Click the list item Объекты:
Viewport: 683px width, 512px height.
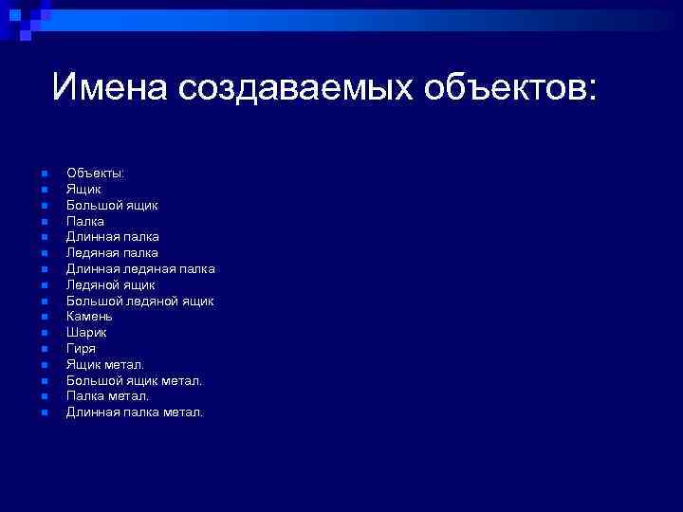pos(95,173)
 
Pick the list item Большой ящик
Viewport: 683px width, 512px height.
pos(112,205)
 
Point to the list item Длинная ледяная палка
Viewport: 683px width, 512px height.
pos(140,268)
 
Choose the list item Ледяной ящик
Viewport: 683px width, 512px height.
pos(110,284)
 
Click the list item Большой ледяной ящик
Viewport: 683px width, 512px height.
pos(139,301)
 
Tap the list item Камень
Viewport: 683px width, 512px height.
pos(89,317)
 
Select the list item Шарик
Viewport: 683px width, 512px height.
pos(86,333)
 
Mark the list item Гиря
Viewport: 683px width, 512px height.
pos(81,348)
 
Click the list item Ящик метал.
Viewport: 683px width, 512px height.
pos(105,364)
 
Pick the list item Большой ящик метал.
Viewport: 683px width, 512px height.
pos(134,380)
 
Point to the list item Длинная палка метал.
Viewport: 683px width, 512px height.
pos(135,412)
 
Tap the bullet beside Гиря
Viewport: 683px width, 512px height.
pos(44,349)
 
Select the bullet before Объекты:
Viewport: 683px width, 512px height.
pos(44,174)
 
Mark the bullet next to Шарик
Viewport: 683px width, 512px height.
pos(44,333)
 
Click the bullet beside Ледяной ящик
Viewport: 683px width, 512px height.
pos(44,285)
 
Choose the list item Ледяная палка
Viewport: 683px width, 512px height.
pos(112,252)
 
